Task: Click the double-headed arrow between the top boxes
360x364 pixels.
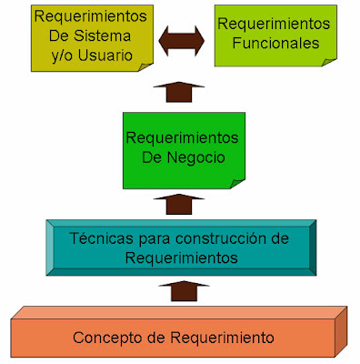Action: [x=181, y=39]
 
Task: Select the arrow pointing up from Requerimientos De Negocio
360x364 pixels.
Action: [x=181, y=91]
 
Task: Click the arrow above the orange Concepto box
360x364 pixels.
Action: [x=181, y=291]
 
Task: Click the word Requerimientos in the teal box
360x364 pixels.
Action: [x=181, y=257]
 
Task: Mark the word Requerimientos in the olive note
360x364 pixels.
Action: [x=78, y=15]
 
